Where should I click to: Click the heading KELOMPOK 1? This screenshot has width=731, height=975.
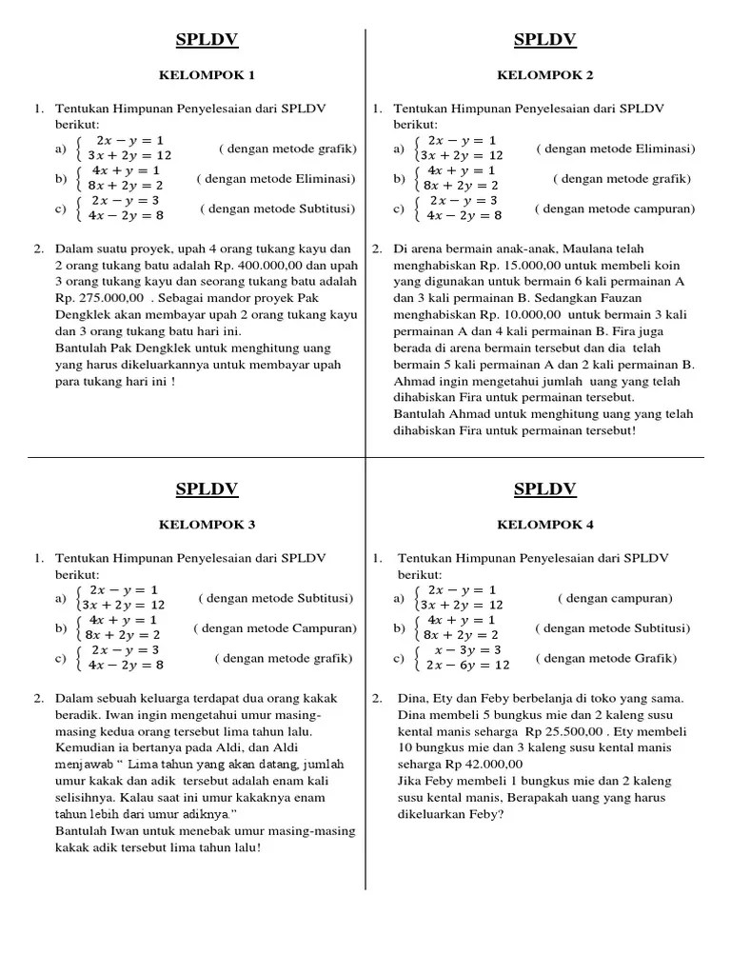tap(207, 74)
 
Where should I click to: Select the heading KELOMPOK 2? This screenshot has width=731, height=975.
tap(544, 74)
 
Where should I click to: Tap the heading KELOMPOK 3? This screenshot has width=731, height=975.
tap(207, 525)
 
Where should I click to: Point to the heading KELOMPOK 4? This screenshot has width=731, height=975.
tap(544, 525)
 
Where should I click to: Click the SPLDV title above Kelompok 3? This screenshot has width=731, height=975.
tap(207, 490)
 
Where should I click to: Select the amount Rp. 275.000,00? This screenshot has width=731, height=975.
tap(96, 298)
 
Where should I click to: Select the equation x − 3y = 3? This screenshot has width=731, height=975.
tap(462, 649)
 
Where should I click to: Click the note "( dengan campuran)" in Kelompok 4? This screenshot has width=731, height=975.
tap(615, 599)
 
